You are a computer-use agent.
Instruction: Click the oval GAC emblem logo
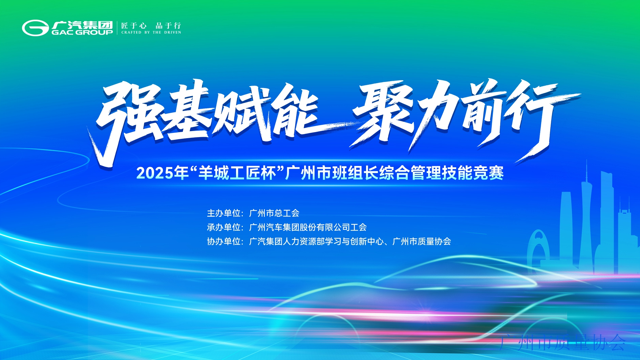[x=35, y=28]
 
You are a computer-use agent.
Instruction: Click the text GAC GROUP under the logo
[x=82, y=32]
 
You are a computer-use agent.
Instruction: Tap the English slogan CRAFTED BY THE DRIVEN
[x=151, y=33]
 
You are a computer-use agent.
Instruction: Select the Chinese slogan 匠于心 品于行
[x=151, y=25]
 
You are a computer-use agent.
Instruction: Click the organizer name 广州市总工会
[x=274, y=213]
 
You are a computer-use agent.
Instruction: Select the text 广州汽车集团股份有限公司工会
[x=308, y=227]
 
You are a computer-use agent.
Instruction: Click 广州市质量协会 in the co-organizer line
[x=422, y=241]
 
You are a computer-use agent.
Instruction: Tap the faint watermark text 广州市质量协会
[x=562, y=342]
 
